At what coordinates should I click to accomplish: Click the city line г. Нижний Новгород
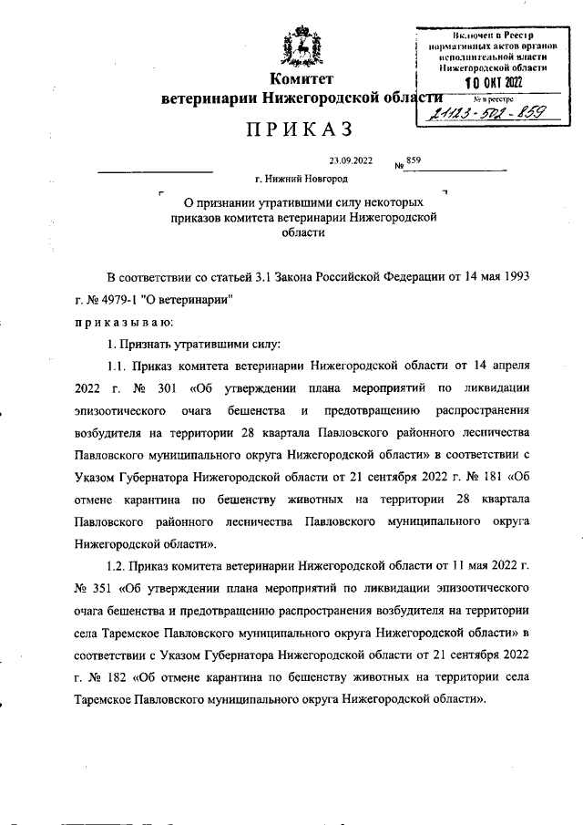(302, 181)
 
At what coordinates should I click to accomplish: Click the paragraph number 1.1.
(121, 366)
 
